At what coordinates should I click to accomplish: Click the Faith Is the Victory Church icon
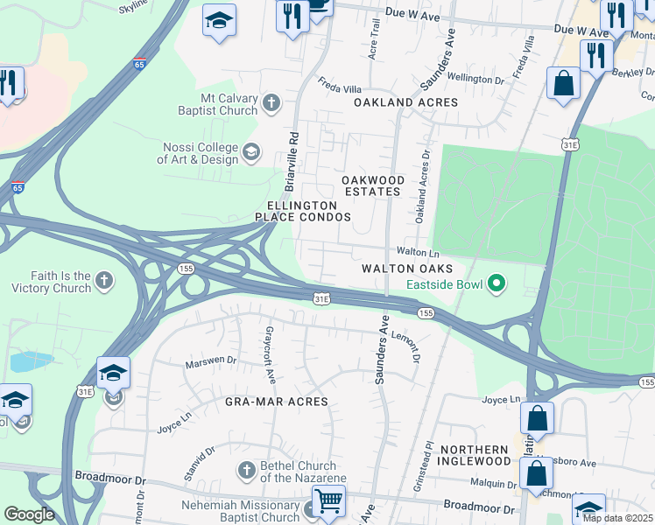point(104,281)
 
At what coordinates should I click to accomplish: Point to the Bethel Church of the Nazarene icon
point(247,471)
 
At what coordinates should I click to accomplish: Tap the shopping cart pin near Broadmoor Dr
point(328,501)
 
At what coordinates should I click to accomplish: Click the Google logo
point(29,514)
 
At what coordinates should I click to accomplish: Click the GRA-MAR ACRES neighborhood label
point(276,402)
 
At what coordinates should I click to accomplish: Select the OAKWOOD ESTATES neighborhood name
point(373,185)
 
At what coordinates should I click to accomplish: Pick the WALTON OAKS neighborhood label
point(408,268)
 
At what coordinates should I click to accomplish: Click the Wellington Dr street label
point(475,79)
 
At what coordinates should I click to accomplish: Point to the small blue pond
point(32,361)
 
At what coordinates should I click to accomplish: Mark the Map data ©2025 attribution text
point(617,518)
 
